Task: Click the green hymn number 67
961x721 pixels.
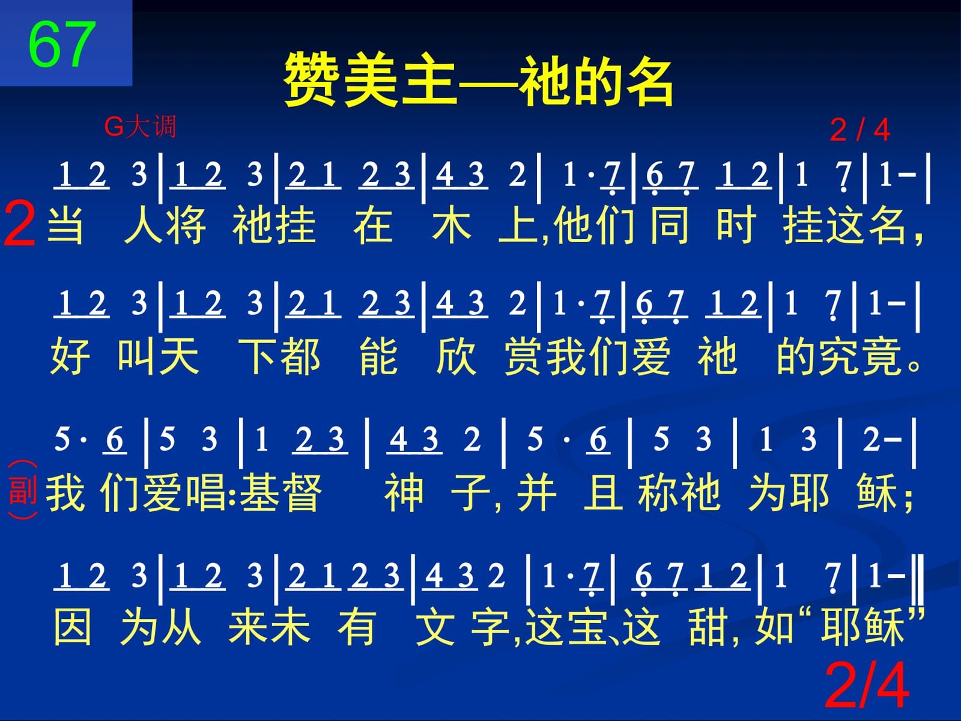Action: [x=62, y=44]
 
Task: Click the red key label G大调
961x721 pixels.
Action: [x=140, y=127]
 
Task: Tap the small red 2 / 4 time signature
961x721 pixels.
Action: [x=860, y=130]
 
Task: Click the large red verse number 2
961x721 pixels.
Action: [x=19, y=223]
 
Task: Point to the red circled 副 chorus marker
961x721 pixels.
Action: [x=23, y=490]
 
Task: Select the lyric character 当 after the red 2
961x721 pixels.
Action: [x=65, y=225]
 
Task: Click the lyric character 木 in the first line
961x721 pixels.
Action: [x=452, y=225]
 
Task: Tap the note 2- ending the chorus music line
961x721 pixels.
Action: [x=882, y=439]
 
